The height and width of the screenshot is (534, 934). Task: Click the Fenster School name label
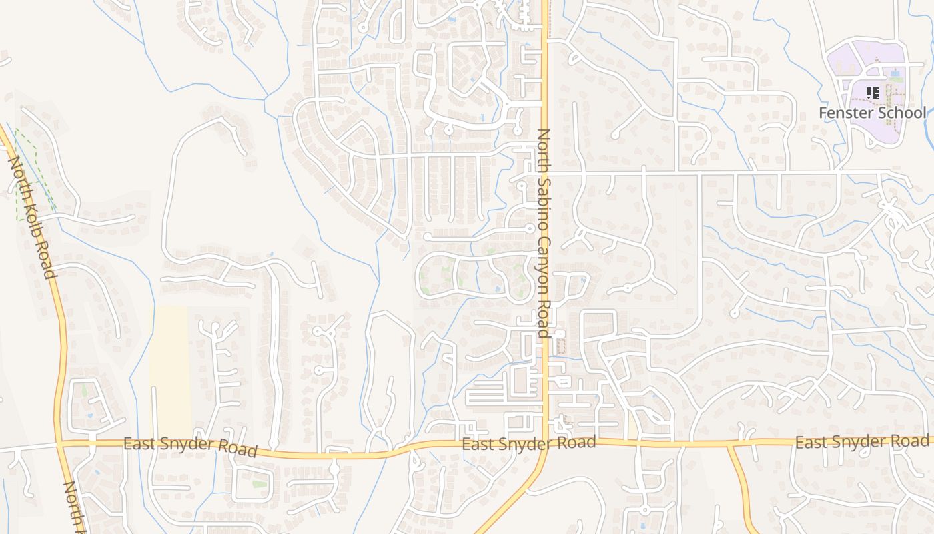[x=872, y=113]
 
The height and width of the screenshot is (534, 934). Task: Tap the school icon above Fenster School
[x=872, y=93]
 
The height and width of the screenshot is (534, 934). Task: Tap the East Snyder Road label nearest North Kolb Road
[x=190, y=446]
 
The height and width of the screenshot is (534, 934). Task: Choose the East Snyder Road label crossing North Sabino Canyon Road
[x=528, y=443]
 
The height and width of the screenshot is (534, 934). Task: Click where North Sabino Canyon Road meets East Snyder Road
[x=544, y=443]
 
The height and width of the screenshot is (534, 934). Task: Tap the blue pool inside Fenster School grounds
[x=895, y=72]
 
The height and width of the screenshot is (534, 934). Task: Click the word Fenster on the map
[x=846, y=113]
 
